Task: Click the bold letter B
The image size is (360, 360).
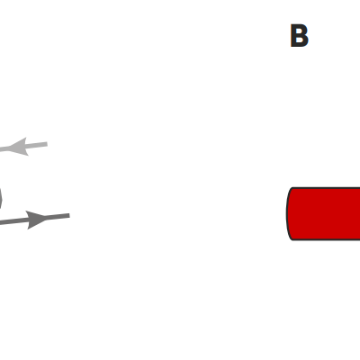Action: point(299,36)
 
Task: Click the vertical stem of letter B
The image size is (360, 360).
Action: point(293,36)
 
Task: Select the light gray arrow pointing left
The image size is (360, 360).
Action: point(23,147)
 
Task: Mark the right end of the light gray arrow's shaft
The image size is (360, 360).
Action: point(47,145)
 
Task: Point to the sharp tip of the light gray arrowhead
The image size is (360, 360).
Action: point(7,148)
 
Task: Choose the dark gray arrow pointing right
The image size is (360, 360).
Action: point(35,220)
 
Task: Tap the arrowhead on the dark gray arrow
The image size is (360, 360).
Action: point(36,220)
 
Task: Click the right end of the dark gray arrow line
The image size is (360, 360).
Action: point(69,215)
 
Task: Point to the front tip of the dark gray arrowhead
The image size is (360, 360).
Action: point(48,218)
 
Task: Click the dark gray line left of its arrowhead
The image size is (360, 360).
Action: point(13,221)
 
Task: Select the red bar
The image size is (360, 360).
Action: point(323,213)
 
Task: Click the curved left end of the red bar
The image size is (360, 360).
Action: point(287,213)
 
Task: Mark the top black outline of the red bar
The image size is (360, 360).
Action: point(327,188)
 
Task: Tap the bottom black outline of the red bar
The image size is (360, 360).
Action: point(327,239)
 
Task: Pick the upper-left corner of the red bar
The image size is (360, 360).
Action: point(292,188)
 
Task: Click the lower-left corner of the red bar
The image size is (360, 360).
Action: point(292,239)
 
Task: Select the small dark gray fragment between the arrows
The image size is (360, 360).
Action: point(1,199)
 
